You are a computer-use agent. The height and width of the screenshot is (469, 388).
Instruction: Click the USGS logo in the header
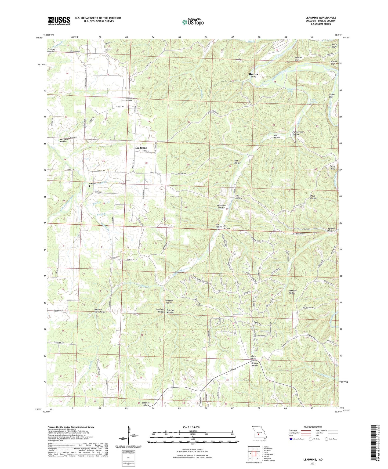[x=59, y=21]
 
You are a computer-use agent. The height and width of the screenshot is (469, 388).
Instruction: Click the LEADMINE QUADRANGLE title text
[x=321, y=18]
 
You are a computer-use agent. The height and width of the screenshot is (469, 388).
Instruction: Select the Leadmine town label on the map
[x=141, y=148]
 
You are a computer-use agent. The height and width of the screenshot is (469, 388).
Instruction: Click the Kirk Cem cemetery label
[x=92, y=183]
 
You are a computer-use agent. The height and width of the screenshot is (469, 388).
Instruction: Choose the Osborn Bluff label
[x=333, y=167]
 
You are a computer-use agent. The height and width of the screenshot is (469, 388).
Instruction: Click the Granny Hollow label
[x=255, y=364]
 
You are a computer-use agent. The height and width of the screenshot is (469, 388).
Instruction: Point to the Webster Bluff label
[x=298, y=59]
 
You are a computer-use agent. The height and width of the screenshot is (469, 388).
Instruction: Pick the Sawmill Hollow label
[x=169, y=301]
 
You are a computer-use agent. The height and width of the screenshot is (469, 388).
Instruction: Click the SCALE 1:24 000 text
[x=191, y=427]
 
